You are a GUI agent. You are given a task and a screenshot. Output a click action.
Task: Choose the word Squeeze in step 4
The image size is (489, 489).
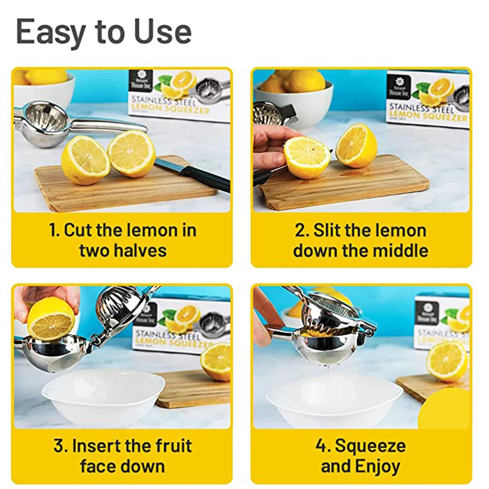(x=370, y=446)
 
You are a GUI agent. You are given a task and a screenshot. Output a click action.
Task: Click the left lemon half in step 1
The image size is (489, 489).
(x=85, y=160)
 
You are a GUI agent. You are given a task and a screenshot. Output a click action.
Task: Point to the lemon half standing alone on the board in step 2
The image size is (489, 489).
(x=356, y=146)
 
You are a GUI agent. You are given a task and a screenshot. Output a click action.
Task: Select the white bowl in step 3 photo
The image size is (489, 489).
(x=102, y=397)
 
